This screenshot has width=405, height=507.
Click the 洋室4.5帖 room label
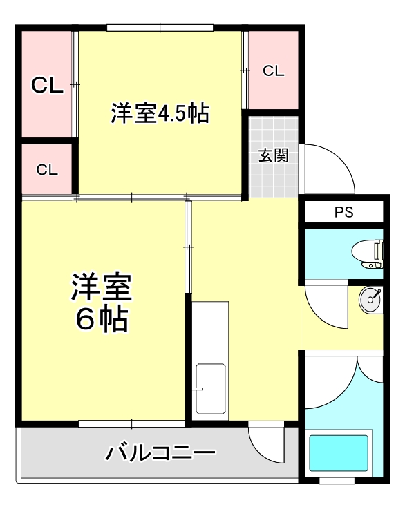pos(160,113)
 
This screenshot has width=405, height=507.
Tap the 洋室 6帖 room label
pos(101,303)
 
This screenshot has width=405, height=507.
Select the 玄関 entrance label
pos(273,155)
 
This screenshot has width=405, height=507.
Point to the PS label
pos(343,212)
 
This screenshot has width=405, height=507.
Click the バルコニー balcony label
pos(160,454)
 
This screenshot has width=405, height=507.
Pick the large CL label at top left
pos(47,85)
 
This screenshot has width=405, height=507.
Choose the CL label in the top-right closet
pos(273,70)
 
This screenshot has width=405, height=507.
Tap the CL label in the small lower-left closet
pos(47,170)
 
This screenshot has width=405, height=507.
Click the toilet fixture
pos(366,254)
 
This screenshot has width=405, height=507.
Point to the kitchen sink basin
pos(209,390)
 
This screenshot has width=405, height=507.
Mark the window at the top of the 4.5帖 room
pos(160,28)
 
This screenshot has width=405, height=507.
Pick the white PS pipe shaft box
pos(343,212)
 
